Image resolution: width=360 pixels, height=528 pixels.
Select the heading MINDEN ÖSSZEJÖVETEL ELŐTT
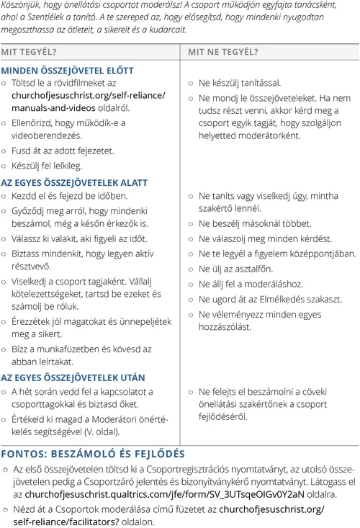click(67, 71)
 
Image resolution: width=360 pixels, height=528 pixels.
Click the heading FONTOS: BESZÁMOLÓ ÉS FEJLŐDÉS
click(93, 454)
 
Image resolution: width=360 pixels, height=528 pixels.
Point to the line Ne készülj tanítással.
click(239, 83)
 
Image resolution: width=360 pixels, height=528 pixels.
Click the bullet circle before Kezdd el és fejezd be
click(4, 196)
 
